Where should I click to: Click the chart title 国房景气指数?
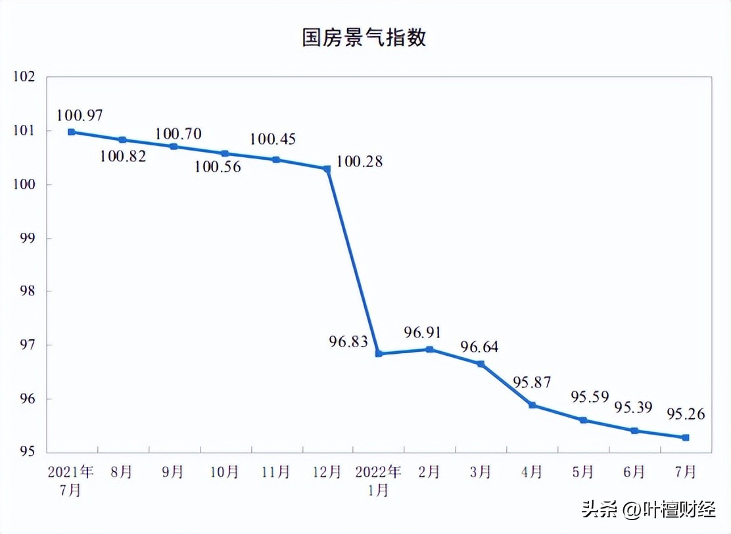(x=364, y=37)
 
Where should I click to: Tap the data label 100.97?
(x=80, y=115)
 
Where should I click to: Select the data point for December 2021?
(x=327, y=169)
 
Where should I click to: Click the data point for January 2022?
(x=378, y=354)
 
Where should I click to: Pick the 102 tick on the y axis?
(x=23, y=77)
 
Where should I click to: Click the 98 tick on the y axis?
(x=26, y=291)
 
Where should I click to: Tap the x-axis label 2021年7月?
(x=70, y=481)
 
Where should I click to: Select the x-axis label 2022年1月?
(x=378, y=481)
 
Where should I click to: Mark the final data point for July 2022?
(x=686, y=437)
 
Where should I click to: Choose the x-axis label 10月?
(x=224, y=472)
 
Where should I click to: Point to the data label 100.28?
(x=359, y=162)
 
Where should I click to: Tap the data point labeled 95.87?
(x=532, y=405)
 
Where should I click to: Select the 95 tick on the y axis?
(x=26, y=452)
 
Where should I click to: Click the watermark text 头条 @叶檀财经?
(x=648, y=509)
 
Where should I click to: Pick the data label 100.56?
(x=218, y=167)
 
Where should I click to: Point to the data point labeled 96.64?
(x=481, y=364)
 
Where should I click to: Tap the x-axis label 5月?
(x=583, y=472)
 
